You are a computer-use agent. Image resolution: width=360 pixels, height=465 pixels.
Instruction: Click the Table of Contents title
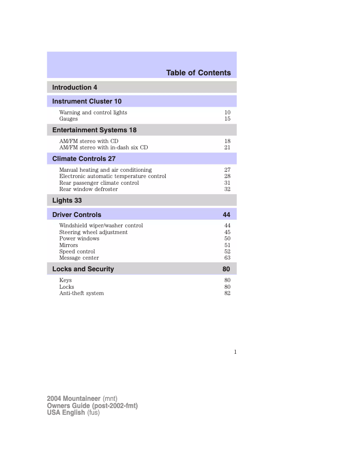point(198,73)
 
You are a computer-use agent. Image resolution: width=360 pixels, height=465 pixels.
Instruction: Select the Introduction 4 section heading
point(75,87)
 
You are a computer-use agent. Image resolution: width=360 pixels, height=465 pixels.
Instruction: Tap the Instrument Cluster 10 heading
point(87,101)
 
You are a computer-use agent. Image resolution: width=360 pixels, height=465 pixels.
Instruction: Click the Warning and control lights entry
point(93,113)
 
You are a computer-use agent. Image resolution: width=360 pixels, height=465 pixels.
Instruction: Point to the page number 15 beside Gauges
point(227,119)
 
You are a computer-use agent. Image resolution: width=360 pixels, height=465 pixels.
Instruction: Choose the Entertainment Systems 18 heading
point(94,130)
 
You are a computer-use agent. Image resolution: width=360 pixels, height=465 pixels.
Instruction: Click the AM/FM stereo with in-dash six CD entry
point(103,148)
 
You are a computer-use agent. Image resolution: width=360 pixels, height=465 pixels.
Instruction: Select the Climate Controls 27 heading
point(84,159)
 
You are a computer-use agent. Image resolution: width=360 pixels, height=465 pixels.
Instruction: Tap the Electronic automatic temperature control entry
point(113,176)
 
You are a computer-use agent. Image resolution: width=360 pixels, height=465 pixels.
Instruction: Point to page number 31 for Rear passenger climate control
point(227,183)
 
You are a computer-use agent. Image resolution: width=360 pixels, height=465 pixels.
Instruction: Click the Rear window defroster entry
point(88,189)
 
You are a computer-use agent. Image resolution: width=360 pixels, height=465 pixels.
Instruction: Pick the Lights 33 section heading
point(67,200)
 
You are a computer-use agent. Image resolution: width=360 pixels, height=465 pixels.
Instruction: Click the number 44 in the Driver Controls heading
point(226,215)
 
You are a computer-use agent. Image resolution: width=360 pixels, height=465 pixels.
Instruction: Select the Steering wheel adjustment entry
point(93,232)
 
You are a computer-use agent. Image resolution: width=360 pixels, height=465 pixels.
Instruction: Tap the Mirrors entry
point(69,245)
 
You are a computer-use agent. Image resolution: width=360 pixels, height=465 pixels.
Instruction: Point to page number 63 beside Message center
point(227,258)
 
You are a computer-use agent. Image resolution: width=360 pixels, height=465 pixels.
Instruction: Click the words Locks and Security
point(83,269)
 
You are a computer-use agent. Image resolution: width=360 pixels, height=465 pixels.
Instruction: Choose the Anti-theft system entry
point(81,293)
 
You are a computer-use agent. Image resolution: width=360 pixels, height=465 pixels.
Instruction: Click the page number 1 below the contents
point(235,352)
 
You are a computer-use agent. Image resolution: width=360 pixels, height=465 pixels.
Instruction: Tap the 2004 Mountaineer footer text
point(74,399)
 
